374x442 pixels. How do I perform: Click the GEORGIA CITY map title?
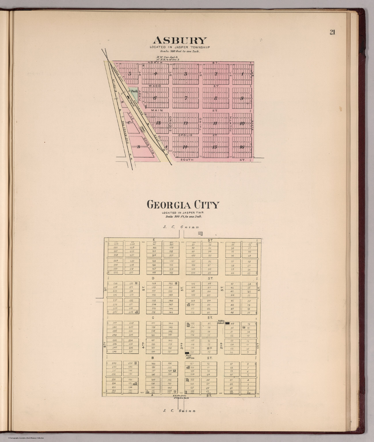coord(183,205)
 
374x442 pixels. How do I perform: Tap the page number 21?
coord(332,32)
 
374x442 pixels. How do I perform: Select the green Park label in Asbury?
coord(134,91)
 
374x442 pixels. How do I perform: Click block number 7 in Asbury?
coord(186,98)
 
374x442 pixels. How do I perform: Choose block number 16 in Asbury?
coord(242,147)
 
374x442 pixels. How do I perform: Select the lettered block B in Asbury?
coord(138,147)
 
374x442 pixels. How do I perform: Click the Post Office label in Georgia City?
coord(190,357)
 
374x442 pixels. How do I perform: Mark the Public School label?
coord(221,322)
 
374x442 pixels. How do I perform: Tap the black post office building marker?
coord(187,353)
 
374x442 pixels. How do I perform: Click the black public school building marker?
coord(227,323)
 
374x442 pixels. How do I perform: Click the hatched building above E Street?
coord(200,233)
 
